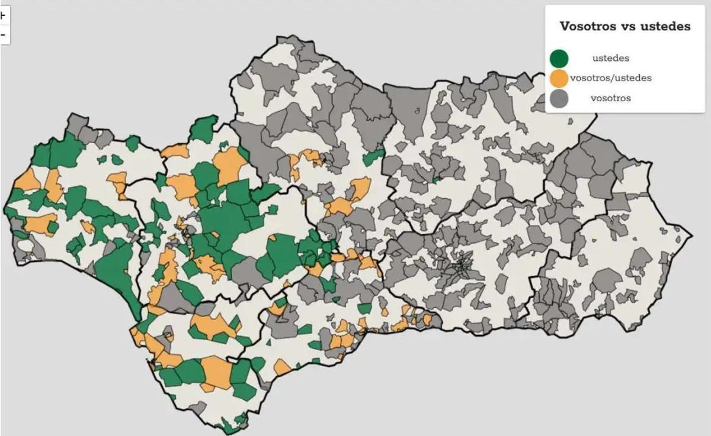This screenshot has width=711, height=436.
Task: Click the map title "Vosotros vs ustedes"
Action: [625, 27]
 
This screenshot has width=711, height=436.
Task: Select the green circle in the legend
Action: [559, 59]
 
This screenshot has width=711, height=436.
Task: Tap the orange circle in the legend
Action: [559, 78]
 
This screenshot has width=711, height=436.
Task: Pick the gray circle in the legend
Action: [559, 98]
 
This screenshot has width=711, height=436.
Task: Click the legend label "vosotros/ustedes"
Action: [610, 78]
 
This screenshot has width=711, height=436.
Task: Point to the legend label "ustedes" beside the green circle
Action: [610, 59]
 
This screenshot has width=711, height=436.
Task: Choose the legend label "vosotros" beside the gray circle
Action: [610, 98]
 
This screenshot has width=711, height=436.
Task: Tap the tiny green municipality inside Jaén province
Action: [436, 179]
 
